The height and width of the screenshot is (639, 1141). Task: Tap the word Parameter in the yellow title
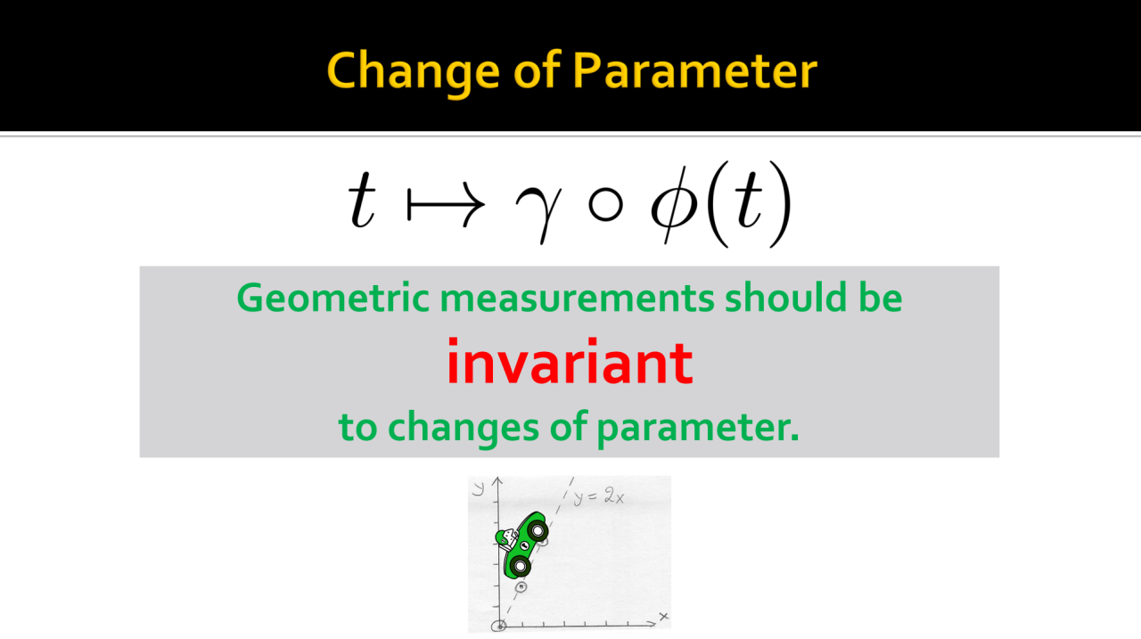tap(694, 70)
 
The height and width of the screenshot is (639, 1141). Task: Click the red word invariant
tap(570, 363)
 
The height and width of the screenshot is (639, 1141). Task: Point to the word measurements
tap(577, 299)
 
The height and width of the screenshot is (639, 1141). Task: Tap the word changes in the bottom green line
tap(463, 428)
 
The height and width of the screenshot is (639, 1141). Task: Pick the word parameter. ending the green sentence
tap(697, 428)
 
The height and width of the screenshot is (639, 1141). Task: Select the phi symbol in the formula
tap(674, 204)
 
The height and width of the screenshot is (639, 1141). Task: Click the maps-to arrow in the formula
tap(446, 205)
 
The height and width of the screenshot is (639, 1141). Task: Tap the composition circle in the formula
tap(605, 205)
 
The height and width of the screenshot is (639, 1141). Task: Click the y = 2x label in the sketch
tap(598, 496)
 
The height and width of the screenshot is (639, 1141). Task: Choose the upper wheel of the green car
tap(538, 530)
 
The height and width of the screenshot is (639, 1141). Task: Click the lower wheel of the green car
tap(520, 565)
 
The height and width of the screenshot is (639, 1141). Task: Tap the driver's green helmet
tap(502, 536)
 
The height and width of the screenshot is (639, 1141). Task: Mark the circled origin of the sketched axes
tap(499, 626)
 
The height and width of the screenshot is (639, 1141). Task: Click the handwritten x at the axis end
tap(663, 617)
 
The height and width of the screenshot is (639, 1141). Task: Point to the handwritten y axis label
tap(479, 487)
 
